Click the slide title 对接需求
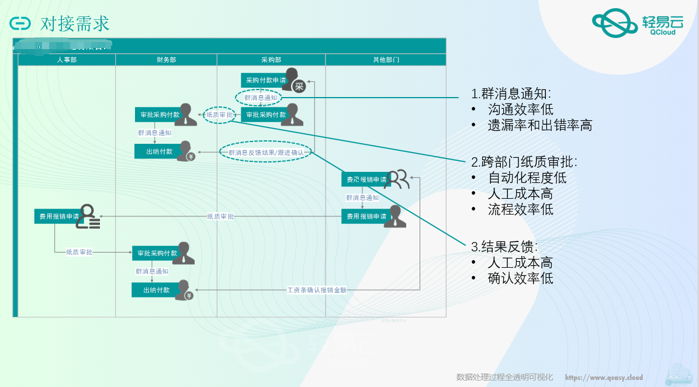pos(75,23)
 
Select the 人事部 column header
pos(67,60)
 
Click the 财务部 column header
pos(166,60)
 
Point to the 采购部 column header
pos(271,60)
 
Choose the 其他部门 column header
pos(386,60)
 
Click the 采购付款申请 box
pos(266,81)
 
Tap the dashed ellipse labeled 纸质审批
pos(220,115)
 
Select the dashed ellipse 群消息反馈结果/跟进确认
pos(266,153)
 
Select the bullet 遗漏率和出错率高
pos(539,125)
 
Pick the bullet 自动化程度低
pos(527,178)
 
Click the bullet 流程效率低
pos(520,209)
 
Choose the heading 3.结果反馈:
pos(504,247)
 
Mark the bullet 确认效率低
pos(520,278)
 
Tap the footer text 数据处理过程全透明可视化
pos(504,377)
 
